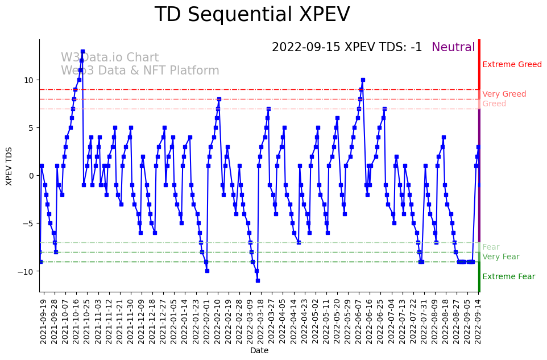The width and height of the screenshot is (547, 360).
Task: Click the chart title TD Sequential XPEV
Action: (x=252, y=15)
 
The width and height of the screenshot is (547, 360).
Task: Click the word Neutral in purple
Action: (x=453, y=47)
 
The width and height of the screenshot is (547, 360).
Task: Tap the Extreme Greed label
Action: (x=512, y=65)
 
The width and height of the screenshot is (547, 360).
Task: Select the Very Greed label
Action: (x=504, y=94)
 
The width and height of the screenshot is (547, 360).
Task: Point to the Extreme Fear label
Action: (x=508, y=277)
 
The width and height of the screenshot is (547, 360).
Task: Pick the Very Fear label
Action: (x=500, y=257)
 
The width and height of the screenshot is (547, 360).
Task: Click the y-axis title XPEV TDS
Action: (x=9, y=165)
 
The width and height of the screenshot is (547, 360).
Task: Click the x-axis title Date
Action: (x=259, y=351)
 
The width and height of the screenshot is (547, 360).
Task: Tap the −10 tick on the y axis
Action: (x=27, y=272)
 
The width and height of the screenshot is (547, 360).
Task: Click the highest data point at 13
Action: (x=82, y=51)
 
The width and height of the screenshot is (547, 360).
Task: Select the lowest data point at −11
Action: (x=258, y=280)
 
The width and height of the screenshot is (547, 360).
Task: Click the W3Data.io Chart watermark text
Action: (x=110, y=58)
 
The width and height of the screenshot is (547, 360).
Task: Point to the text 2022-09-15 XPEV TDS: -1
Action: (x=347, y=47)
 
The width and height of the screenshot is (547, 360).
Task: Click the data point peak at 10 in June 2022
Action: (x=363, y=80)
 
